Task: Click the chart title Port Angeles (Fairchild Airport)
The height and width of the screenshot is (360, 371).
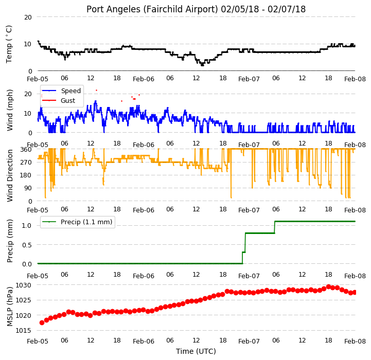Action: click(x=152, y=9)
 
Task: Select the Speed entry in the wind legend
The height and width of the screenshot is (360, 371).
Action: click(x=70, y=91)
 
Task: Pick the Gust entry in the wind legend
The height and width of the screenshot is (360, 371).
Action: click(x=68, y=100)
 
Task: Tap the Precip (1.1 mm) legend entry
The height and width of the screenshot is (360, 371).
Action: click(x=86, y=222)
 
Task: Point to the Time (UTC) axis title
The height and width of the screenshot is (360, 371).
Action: click(x=196, y=351)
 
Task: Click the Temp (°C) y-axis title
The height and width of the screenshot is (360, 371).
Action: click(x=9, y=44)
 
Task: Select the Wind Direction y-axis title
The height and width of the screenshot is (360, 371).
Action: click(x=10, y=175)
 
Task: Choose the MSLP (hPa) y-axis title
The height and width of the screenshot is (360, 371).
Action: click(x=10, y=307)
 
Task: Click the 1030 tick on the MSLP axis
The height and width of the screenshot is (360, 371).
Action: click(x=24, y=285)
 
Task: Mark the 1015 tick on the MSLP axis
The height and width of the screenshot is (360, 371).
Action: click(x=24, y=331)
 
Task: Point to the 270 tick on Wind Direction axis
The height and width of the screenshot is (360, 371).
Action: click(x=26, y=163)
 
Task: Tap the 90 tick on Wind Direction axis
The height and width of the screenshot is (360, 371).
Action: click(x=28, y=188)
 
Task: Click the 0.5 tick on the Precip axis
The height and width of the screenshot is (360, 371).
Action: click(x=27, y=245)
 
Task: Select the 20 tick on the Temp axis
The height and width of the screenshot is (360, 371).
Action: click(x=28, y=17)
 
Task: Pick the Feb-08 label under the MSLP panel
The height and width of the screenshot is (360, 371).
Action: click(x=355, y=341)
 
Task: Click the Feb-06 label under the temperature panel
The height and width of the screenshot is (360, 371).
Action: click(x=144, y=79)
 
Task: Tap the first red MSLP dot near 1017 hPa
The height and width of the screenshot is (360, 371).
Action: click(x=42, y=322)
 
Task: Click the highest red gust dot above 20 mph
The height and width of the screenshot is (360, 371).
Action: click(x=96, y=91)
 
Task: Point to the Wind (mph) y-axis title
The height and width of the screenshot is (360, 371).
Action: click(x=10, y=110)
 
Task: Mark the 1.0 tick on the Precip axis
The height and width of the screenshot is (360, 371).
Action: click(x=27, y=226)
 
